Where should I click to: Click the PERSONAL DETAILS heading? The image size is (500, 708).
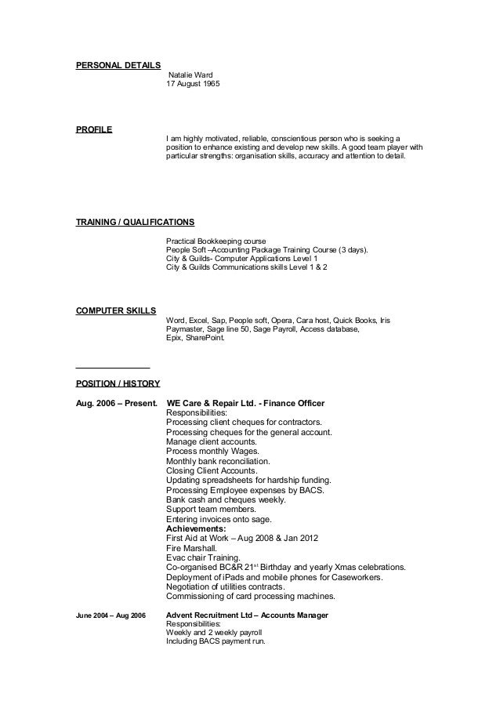tap(118, 64)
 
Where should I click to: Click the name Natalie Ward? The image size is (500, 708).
tap(191, 75)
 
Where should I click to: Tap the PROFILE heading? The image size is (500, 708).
tap(93, 129)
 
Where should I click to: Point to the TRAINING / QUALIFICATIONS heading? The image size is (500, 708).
tap(135, 221)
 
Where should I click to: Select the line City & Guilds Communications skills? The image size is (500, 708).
tap(247, 267)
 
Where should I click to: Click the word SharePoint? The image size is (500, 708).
tap(205, 339)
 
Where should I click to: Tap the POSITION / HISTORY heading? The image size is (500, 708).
tap(118, 383)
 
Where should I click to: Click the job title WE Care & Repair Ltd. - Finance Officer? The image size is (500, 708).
tap(252, 404)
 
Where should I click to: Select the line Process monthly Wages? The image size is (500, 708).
tap(204, 452)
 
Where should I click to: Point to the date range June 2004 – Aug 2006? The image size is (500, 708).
tap(111, 615)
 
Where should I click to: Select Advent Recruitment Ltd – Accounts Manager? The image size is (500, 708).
tap(248, 615)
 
